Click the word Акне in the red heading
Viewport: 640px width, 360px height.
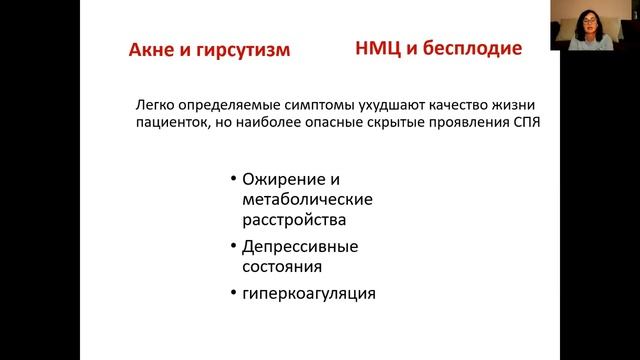pos(152,50)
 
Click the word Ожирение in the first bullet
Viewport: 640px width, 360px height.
pos(277,180)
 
